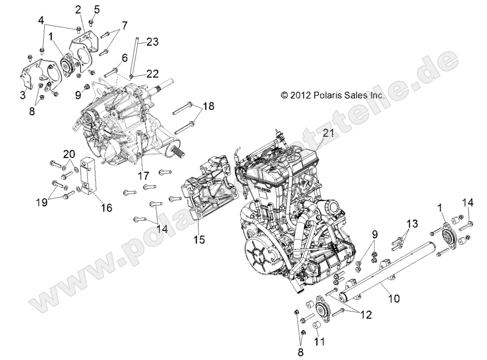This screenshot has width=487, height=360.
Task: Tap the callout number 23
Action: click(152, 42)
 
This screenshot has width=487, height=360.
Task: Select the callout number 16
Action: click(106, 207)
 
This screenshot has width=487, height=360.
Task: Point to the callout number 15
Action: click(199, 238)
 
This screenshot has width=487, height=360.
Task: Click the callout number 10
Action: click(393, 299)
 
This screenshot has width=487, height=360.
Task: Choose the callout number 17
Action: click(144, 176)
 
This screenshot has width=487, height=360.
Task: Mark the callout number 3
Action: click(23, 95)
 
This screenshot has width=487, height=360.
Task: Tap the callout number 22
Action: click(152, 73)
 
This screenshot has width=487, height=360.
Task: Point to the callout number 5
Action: click(97, 9)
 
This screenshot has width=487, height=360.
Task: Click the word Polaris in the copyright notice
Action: click(327, 95)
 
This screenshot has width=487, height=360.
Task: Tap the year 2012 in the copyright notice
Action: click(301, 95)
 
